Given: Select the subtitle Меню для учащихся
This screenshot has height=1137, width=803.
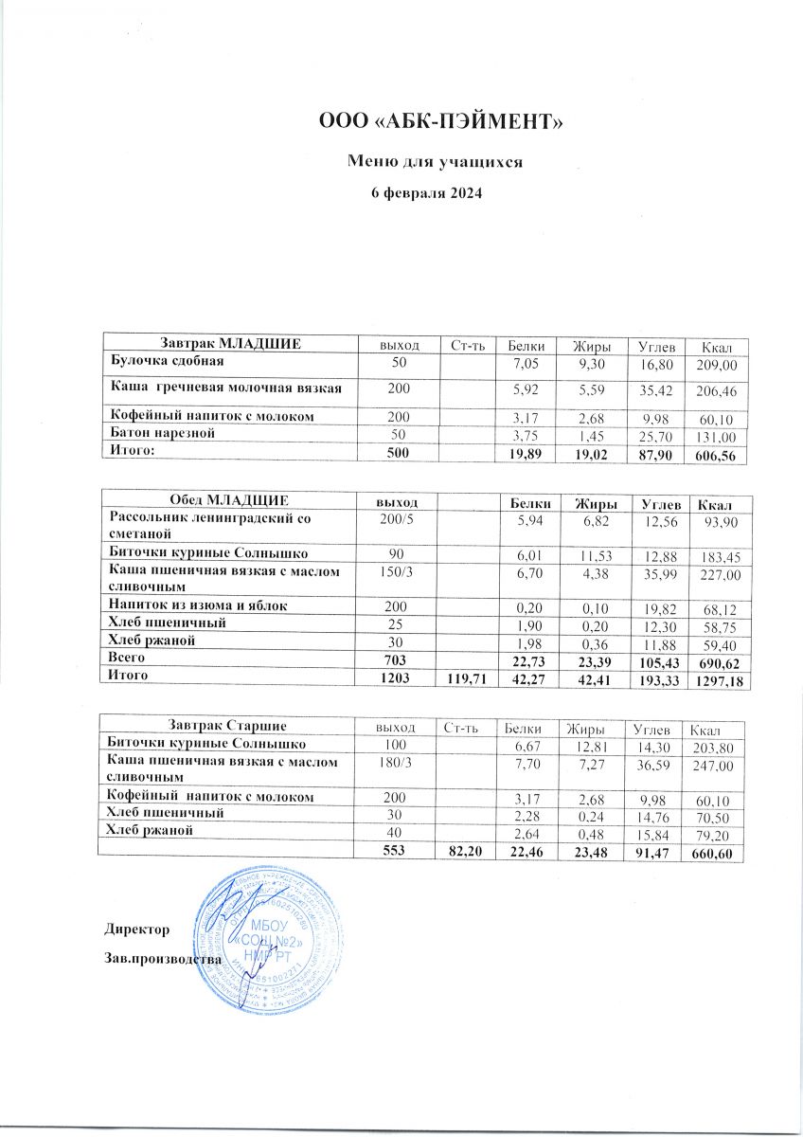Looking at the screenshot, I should [x=436, y=162].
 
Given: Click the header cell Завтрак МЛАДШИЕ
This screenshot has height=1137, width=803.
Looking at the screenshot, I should [x=228, y=343].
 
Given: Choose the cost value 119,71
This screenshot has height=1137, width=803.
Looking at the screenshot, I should [x=464, y=678].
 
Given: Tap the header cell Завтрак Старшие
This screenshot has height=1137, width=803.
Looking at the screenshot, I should [x=227, y=726].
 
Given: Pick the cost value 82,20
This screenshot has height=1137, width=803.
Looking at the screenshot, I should [x=464, y=854].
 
